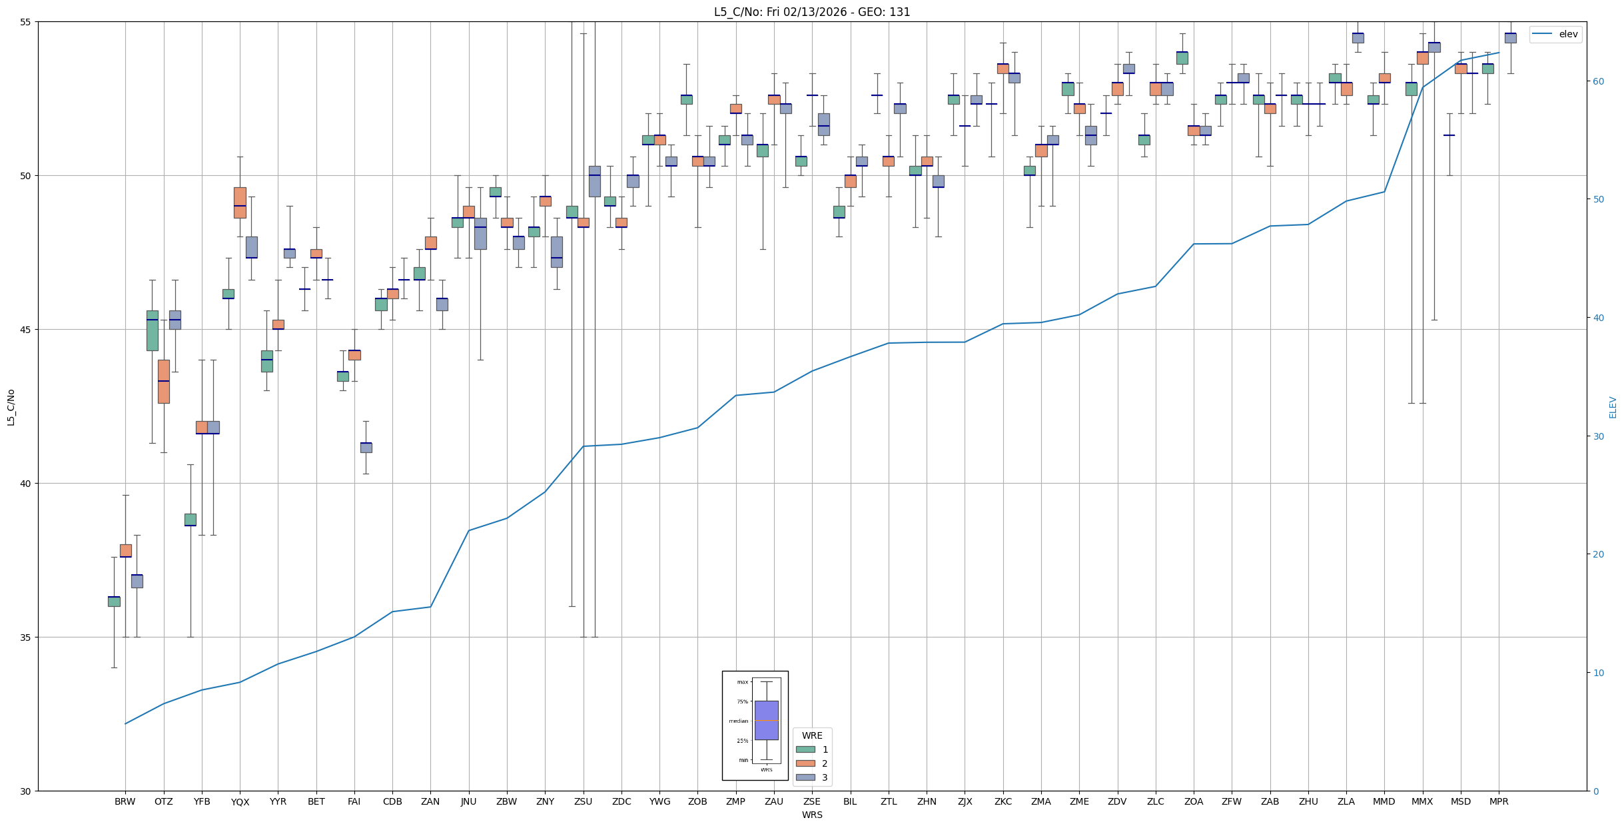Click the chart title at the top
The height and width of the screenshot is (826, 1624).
811,12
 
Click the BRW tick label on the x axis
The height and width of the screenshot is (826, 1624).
125,801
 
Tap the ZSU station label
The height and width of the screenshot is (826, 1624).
583,801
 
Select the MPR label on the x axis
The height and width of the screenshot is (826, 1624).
1499,801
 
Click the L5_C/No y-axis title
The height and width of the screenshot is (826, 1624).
11,406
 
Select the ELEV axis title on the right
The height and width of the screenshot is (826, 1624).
1613,407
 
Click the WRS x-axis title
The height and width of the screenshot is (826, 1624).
811,815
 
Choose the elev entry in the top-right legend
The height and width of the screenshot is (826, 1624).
1568,34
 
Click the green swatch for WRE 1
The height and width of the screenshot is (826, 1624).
805,749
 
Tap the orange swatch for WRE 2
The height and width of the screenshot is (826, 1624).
805,763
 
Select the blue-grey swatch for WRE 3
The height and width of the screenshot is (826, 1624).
805,777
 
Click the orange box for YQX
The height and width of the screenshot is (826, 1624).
240,203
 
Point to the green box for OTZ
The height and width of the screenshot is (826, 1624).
153,330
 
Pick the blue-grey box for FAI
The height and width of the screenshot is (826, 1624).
366,447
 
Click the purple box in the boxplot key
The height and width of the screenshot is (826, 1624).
766,720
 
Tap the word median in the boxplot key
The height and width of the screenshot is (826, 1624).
738,721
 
